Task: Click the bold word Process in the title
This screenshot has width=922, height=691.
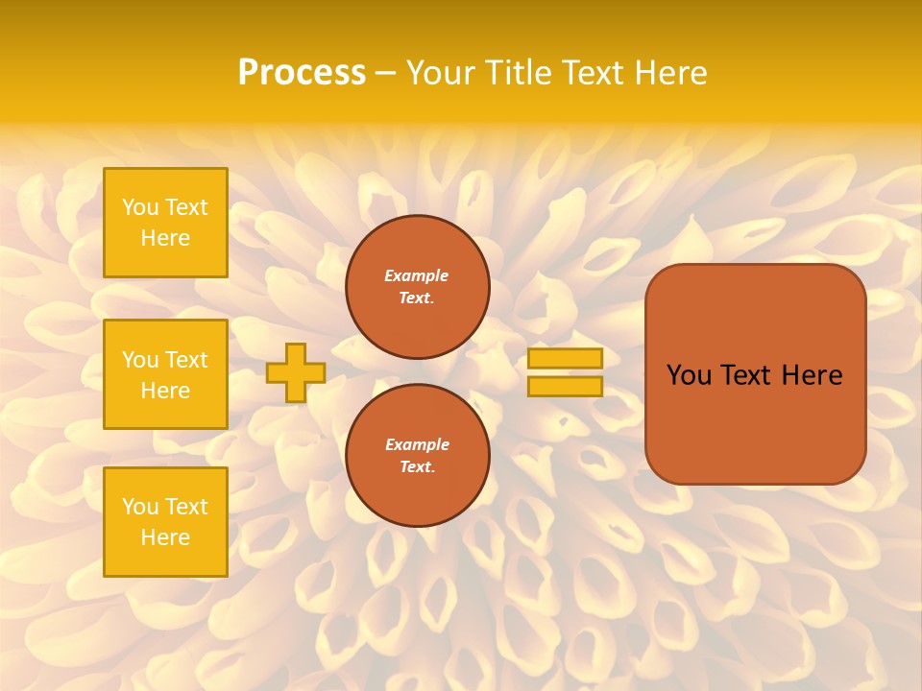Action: coord(302,73)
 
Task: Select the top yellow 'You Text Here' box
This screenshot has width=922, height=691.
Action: coord(165,223)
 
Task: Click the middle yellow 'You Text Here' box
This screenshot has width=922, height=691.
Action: coord(165,374)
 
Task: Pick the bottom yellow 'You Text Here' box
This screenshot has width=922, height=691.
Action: coord(165,522)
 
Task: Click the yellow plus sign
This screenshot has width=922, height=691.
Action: coord(296,372)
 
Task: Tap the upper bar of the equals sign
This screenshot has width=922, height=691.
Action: coord(565,359)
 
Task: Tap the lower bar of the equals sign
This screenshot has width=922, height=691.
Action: coord(565,387)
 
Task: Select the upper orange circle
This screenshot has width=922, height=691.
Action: coord(417,287)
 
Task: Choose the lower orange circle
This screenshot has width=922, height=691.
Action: coord(417,456)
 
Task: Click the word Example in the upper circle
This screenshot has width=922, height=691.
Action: coord(417,275)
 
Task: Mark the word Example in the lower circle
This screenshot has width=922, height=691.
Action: coord(417,444)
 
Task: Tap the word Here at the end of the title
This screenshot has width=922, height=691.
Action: coord(670,73)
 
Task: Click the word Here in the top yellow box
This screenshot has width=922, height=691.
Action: coord(165,238)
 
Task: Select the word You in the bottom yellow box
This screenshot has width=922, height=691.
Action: coord(140,507)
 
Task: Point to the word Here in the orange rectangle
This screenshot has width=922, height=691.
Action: coord(813,375)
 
